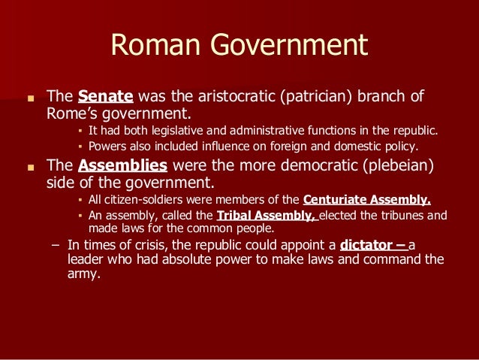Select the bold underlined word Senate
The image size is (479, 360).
pos(105,96)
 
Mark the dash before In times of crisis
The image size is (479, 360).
pos(54,245)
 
